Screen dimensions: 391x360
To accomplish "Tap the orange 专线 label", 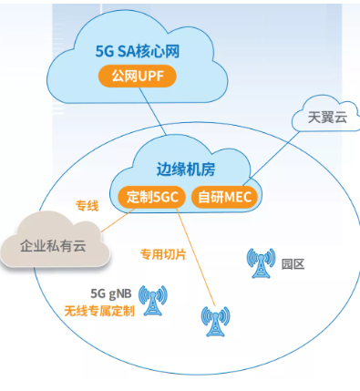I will pos(87,207).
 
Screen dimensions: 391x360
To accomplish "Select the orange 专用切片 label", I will pos(162,254).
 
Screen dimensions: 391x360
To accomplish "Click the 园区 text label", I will pos(293,264).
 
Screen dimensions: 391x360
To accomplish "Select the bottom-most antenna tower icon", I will pos(215,322).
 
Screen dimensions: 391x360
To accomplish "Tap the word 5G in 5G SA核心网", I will pos(105,50).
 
